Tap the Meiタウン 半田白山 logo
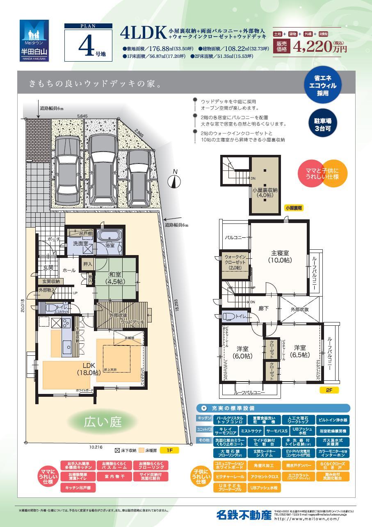pyautogui.click(x=34, y=40)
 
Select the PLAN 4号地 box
pyautogui.click(x=88, y=43)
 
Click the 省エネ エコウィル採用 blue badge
pyautogui.click(x=325, y=85)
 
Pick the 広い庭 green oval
pyautogui.click(x=103, y=421)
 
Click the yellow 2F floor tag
pyautogui.click(x=329, y=391)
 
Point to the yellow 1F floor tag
pyautogui.click(x=169, y=450)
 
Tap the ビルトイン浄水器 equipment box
pyautogui.click(x=333, y=420)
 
